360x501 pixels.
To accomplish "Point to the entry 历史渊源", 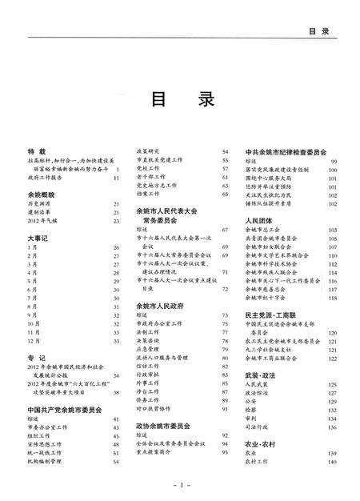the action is [40, 205].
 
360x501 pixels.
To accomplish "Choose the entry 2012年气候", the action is [42, 220].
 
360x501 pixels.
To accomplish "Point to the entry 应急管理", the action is [150, 349].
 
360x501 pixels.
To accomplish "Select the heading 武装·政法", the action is [264, 374].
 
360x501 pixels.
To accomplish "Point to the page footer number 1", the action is [182, 485].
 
